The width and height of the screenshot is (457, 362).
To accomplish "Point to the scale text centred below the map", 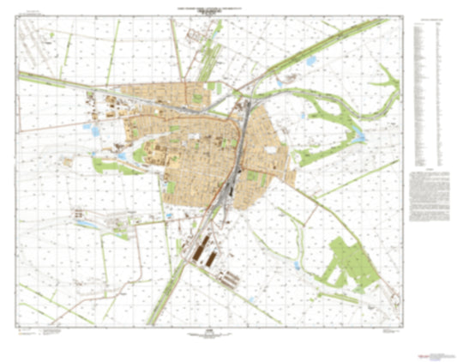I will (x=209, y=332).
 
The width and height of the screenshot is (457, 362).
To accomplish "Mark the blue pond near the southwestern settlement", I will (x=86, y=222).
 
